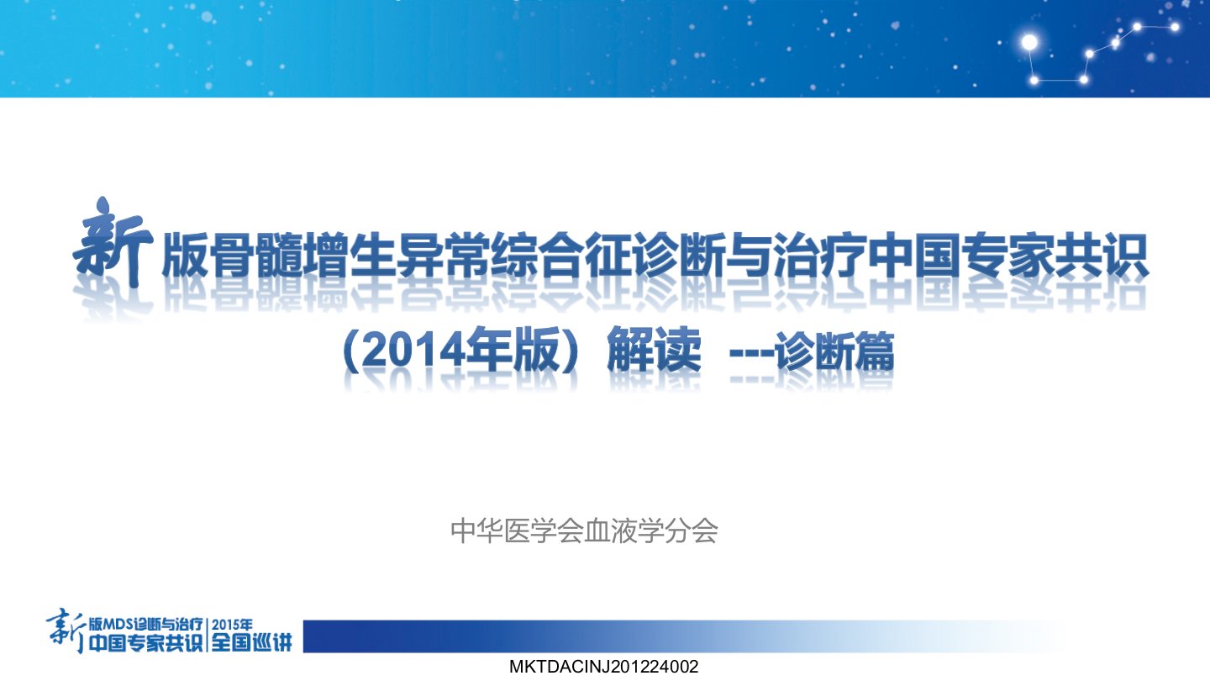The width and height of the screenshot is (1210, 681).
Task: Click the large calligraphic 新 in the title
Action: [x=113, y=243]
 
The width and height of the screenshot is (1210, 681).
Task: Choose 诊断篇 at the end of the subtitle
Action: [x=834, y=351]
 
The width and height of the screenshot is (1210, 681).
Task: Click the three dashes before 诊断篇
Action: [x=751, y=354]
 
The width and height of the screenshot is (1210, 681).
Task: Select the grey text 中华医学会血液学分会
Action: [x=584, y=531]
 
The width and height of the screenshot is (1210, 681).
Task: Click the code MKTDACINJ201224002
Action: [x=604, y=667]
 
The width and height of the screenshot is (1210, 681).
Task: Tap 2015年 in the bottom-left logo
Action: [x=232, y=625]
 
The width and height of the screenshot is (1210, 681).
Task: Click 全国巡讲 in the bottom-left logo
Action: [x=251, y=642]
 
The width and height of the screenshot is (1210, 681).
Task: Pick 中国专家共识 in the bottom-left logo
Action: [x=145, y=642]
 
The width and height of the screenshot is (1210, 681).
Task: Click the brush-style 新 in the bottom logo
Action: [x=66, y=631]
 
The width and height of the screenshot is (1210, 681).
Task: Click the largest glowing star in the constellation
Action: [x=1029, y=42]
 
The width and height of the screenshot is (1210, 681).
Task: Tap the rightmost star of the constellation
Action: [x=1175, y=27]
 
